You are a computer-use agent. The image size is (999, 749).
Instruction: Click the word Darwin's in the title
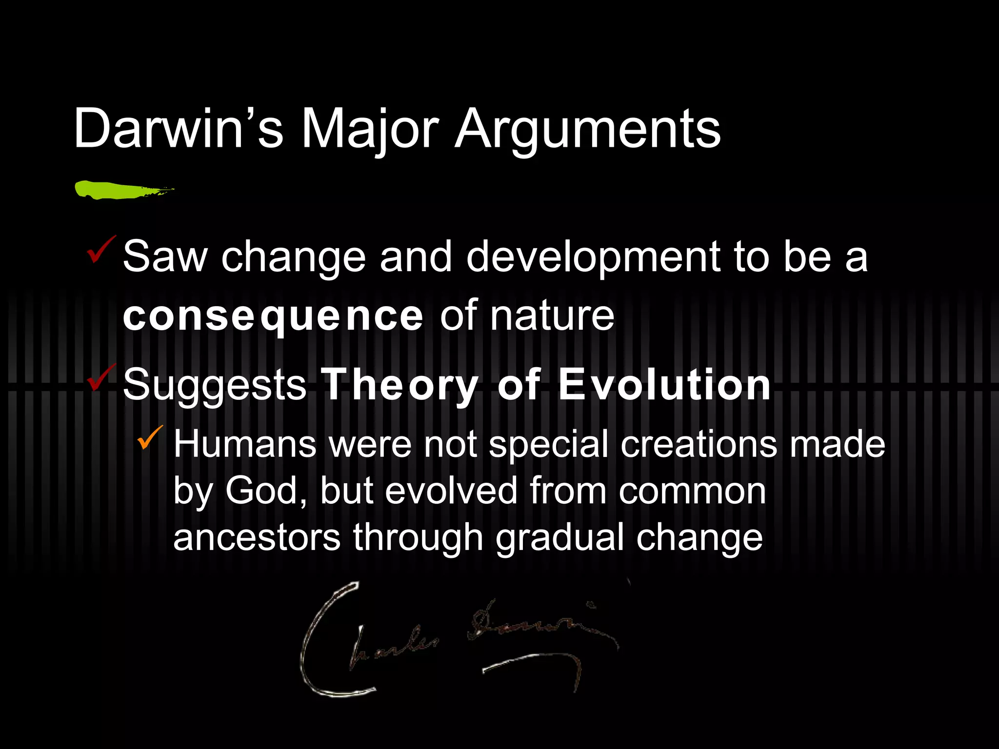click(x=178, y=129)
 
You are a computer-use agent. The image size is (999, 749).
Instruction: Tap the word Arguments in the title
click(x=587, y=129)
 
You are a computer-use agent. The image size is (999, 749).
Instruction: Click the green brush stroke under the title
click(x=122, y=190)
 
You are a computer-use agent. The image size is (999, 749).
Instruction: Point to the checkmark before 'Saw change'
click(x=100, y=250)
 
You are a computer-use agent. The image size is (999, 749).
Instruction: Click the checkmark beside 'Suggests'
click(x=100, y=378)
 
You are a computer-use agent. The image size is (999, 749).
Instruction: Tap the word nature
click(x=552, y=316)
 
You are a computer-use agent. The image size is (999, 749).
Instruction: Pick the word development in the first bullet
click(x=593, y=257)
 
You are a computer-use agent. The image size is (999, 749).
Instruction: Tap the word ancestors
click(x=257, y=537)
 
